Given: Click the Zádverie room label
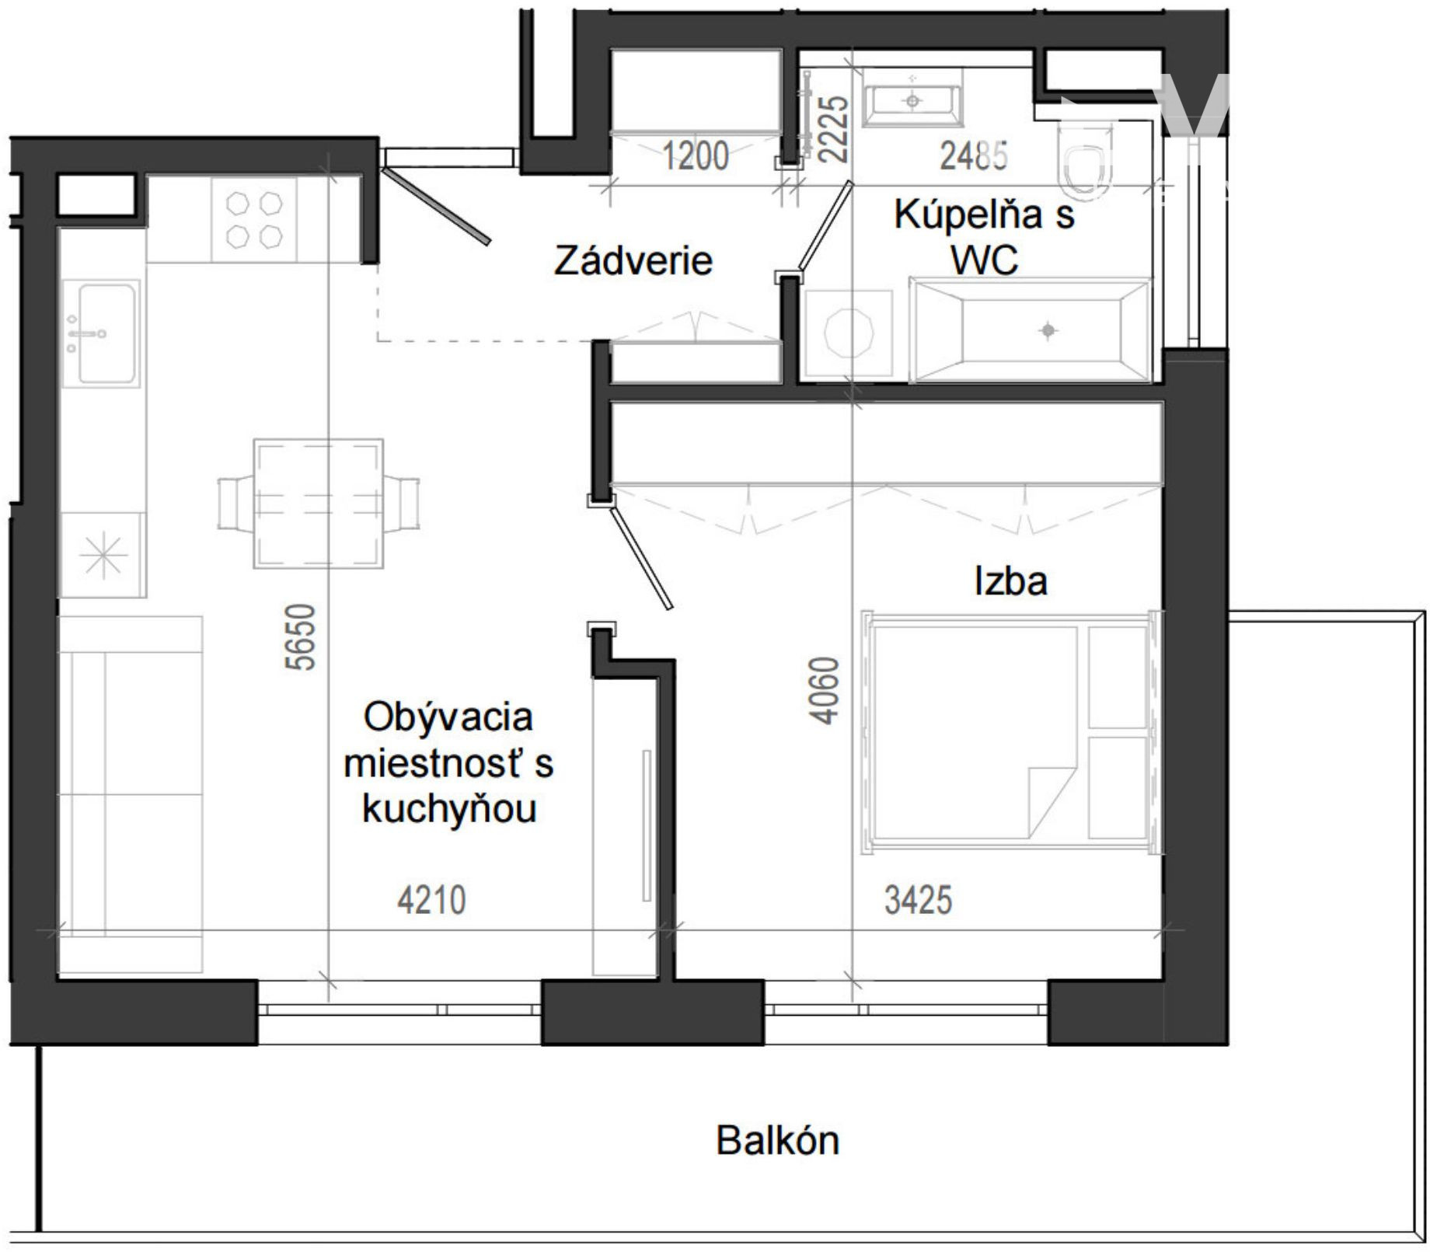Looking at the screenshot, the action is [x=633, y=260].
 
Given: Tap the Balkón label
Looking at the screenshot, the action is [x=778, y=1141].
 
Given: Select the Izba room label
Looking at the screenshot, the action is [x=1010, y=581].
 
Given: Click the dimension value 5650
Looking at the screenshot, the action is [x=302, y=636].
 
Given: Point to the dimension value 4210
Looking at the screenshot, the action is [x=431, y=901].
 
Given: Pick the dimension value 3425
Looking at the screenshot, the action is [x=918, y=901].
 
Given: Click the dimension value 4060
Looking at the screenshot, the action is [x=824, y=690].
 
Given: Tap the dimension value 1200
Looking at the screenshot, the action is [x=696, y=155].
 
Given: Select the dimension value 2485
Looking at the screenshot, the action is [x=974, y=155].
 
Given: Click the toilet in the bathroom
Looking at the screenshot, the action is [x=1085, y=162].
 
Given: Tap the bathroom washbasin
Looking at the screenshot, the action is [x=913, y=99].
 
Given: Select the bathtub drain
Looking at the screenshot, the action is [x=1048, y=330].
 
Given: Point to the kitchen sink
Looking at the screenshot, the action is [x=102, y=333].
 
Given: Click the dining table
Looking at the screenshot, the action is [x=319, y=504].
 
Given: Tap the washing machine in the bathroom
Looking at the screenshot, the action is [x=849, y=333].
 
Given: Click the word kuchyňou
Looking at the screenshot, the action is [x=449, y=810].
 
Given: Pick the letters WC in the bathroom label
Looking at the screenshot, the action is [x=984, y=260].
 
